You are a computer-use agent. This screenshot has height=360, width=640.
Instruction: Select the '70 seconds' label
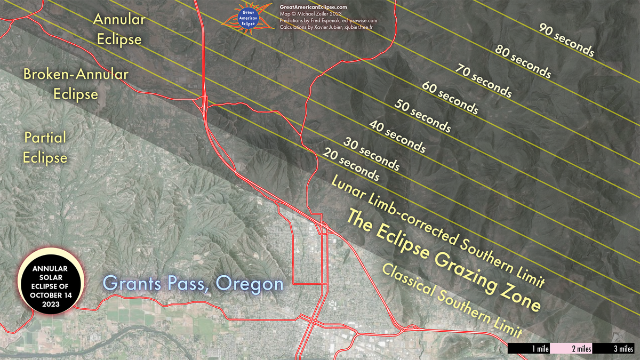(x=483, y=81)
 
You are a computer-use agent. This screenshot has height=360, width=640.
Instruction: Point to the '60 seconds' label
(x=450, y=98)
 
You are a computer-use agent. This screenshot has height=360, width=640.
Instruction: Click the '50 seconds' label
(x=422, y=116)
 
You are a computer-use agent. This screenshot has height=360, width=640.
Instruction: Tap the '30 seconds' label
(x=371, y=153)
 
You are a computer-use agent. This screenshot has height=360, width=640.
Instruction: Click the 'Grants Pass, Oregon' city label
(x=193, y=283)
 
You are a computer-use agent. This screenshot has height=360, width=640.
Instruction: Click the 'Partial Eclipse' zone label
(x=45, y=147)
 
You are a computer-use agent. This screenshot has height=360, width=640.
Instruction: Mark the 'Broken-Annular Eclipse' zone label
(x=76, y=84)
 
